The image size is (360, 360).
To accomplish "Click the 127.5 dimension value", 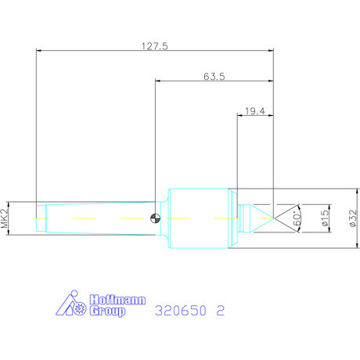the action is [x=155, y=46].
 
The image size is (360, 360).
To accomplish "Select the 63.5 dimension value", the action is [x=214, y=77].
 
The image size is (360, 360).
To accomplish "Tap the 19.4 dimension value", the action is [x=255, y=111].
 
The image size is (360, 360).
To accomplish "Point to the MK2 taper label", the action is [x=5, y=218].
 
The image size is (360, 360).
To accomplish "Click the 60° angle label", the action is [x=297, y=218].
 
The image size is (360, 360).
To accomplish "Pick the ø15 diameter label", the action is [x=325, y=218].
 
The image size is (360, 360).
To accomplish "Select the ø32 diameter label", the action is [x=353, y=218].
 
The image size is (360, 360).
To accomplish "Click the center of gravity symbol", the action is [x=156, y=218].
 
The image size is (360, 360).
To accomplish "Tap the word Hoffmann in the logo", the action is [x=117, y=300].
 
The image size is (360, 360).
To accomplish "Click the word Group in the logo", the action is [x=107, y=311].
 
